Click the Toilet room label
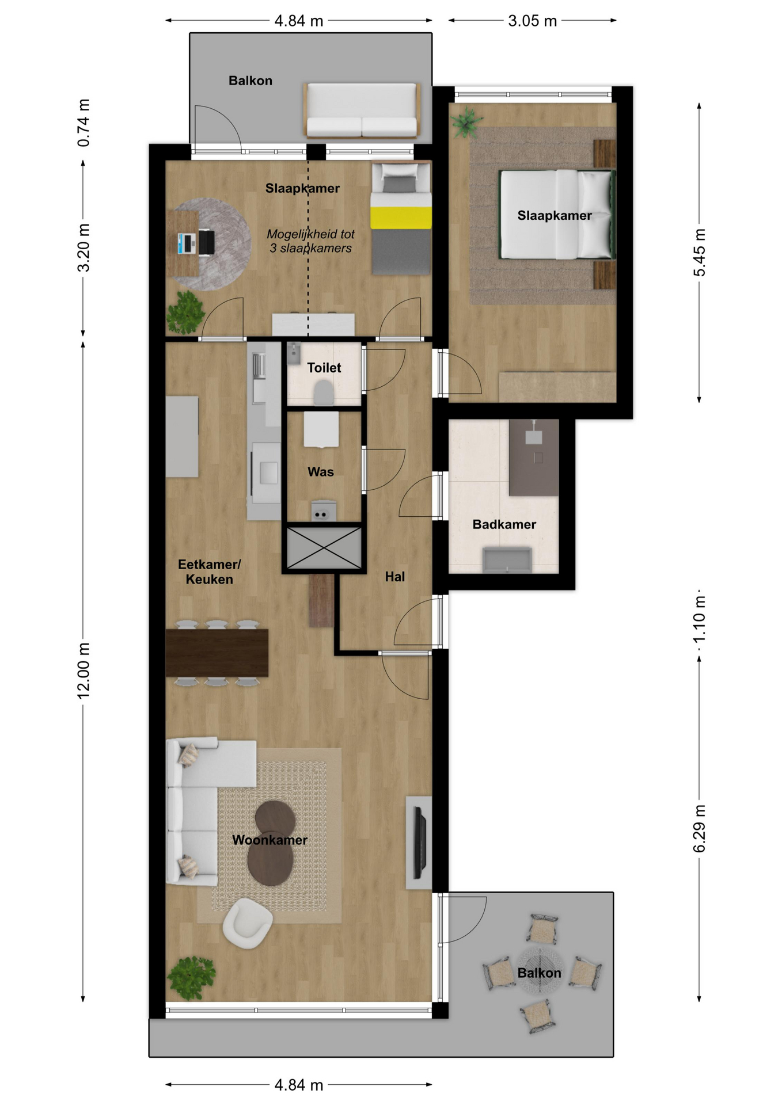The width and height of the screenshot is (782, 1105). pos(324,368)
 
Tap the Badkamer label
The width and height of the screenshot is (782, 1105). pos(504,524)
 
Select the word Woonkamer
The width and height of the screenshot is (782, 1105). pos(269,840)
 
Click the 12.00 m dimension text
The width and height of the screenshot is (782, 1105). pos(84,671)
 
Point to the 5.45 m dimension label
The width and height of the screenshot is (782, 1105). pos(699,253)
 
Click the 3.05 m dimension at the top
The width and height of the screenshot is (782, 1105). pos(533,21)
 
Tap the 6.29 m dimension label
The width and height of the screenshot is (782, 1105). pos(699,829)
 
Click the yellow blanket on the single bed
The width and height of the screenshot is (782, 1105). pos(401,218)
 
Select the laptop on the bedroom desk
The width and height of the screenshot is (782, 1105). pos(187,243)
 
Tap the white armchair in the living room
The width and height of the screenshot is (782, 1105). pos(248,923)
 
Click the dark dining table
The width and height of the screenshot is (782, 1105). pos(217,653)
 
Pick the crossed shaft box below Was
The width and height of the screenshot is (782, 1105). pos(324,547)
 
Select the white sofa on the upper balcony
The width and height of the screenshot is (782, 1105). pos(362,110)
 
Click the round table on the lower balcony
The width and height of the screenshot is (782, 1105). pos(539,971)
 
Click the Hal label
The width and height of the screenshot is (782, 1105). pos(395,577)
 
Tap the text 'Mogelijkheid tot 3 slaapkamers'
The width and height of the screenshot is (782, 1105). pos(310,241)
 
